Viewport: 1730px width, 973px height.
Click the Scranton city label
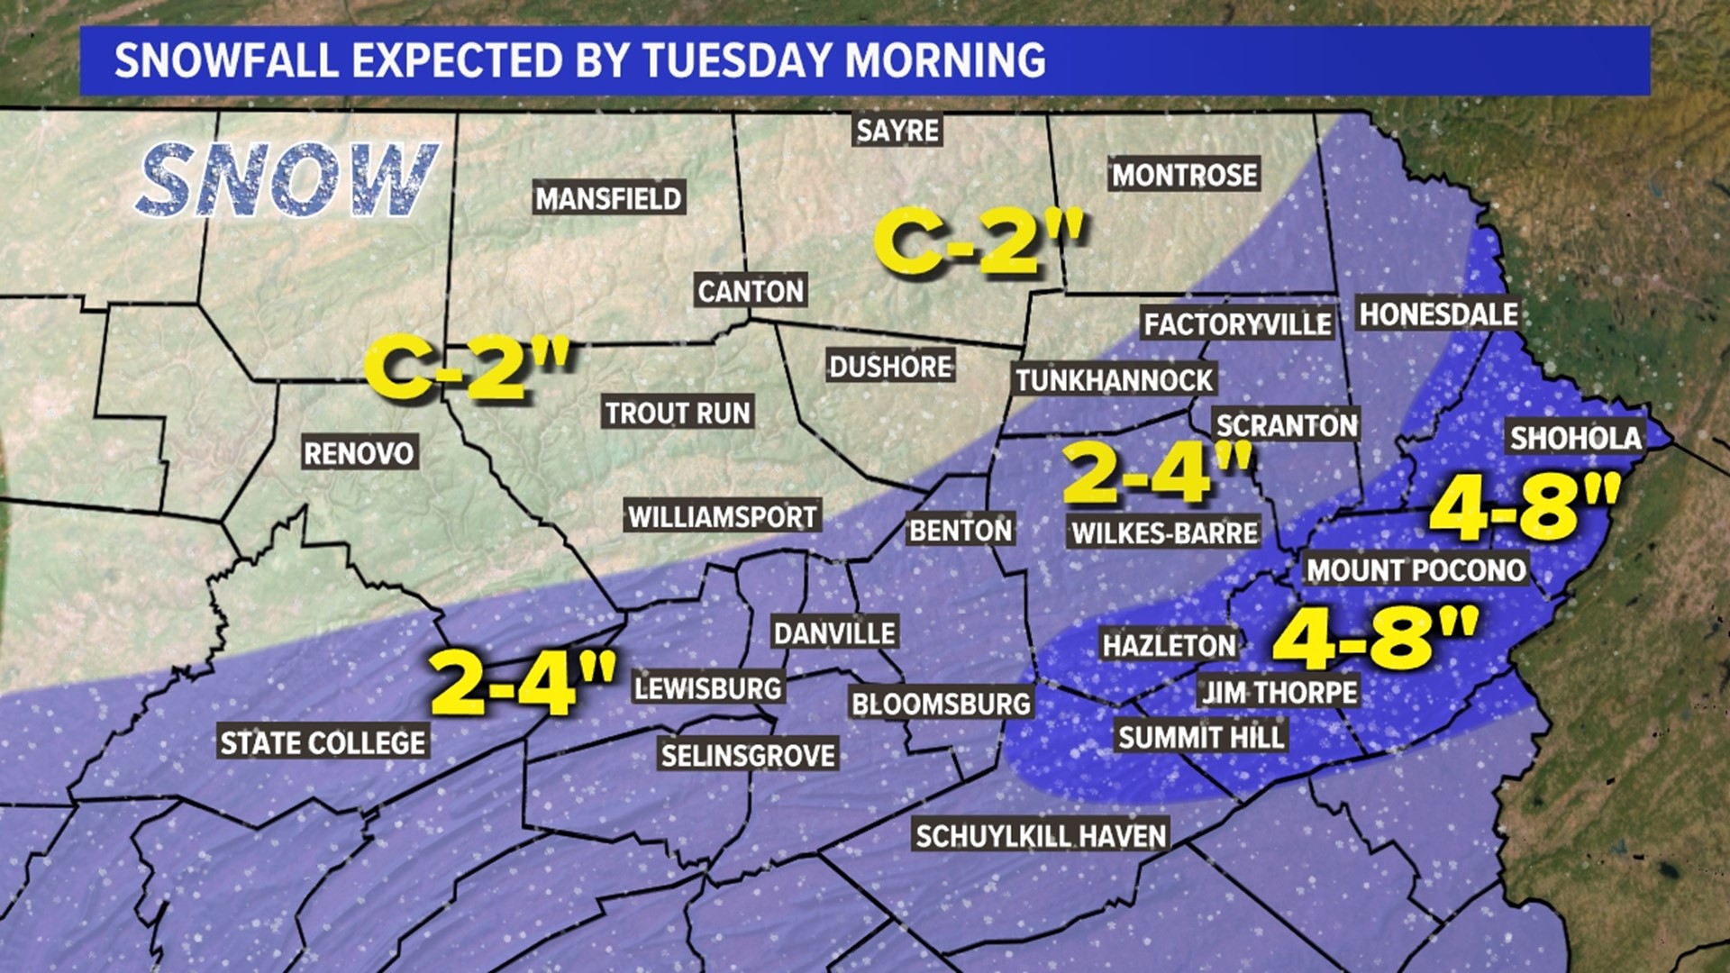point(1286,425)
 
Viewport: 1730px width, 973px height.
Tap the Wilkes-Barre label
point(1164,532)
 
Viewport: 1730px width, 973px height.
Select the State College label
point(323,742)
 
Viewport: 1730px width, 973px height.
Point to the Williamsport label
point(723,516)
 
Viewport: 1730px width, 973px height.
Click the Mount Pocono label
point(1416,569)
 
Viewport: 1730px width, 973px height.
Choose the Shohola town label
point(1576,438)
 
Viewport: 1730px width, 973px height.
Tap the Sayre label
point(897,131)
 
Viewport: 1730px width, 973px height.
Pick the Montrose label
point(1184,175)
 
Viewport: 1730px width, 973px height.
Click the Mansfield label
point(609,198)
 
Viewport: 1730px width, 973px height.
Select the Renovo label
point(359,452)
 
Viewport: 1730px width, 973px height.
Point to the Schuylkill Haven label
point(1041,836)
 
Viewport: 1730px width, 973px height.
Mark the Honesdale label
point(1438,314)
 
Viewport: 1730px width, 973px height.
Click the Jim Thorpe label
point(1279,692)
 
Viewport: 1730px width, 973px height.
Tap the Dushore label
point(890,367)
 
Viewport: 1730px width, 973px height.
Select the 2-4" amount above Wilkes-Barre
point(1158,472)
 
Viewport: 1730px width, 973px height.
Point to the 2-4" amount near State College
point(523,681)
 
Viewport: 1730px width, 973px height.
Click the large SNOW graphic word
point(287,180)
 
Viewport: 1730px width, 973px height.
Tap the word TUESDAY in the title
point(737,60)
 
